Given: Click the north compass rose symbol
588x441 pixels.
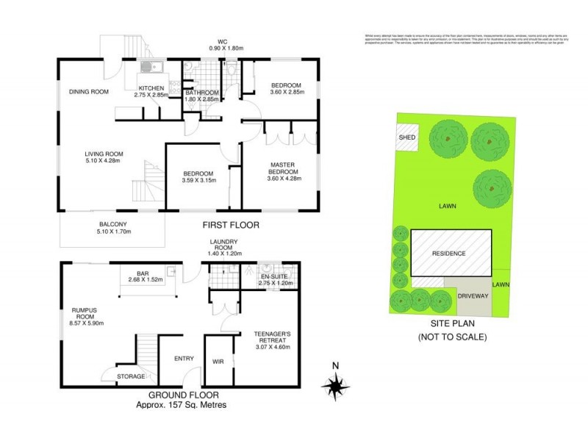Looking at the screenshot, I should coord(337,384).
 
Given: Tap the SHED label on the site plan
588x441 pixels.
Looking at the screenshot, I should coord(406,137).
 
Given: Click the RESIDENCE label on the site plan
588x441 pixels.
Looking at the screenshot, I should coord(448,253).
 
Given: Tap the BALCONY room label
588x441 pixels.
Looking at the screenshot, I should coord(113,229).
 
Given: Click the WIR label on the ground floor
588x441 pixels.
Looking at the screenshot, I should coord(218,362).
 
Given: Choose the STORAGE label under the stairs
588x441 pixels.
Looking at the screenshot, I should coord(131,376).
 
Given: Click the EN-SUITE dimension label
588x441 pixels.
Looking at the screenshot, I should coord(276,279).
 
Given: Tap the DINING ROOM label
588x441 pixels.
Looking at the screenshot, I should coord(89,91).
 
